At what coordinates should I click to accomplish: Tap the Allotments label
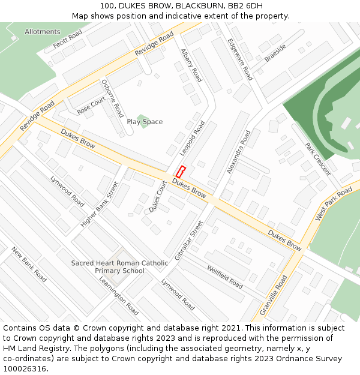(x=43, y=32)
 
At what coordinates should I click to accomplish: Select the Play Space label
(x=145, y=122)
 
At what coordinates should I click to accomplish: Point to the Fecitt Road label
(x=67, y=41)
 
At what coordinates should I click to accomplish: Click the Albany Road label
(x=191, y=65)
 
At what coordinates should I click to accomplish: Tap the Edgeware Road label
(x=240, y=59)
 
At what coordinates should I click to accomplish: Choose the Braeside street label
(x=275, y=52)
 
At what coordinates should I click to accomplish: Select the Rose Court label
(x=91, y=106)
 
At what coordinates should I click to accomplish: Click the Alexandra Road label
(x=239, y=152)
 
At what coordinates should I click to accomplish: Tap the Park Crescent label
(x=317, y=159)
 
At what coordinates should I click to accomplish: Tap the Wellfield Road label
(x=224, y=277)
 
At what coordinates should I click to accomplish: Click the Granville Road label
(x=274, y=295)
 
